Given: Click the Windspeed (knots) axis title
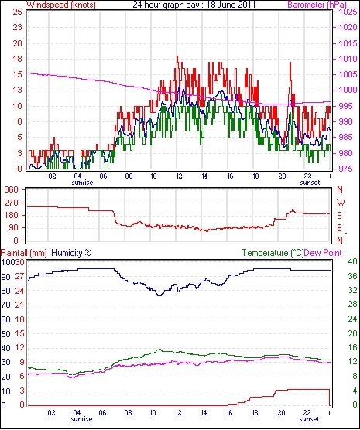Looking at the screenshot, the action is click(x=61, y=5).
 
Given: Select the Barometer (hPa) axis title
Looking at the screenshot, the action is click(x=317, y=5).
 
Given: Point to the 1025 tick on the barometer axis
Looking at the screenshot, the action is click(x=348, y=12).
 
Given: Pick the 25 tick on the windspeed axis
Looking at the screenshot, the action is click(x=17, y=12).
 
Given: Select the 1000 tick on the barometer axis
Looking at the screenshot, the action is click(x=348, y=90).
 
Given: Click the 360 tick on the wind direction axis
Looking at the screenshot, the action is click(x=12, y=189).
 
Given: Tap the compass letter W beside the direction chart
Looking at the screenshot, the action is click(x=341, y=203).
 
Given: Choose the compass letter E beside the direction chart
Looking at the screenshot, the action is click(x=339, y=228).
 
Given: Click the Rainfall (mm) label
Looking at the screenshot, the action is click(x=24, y=253).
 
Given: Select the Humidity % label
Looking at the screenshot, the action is click(x=71, y=253).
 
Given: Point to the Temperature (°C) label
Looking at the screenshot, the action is click(x=273, y=253).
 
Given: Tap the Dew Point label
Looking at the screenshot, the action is click(x=323, y=253).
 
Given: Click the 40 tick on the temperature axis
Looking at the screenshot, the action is click(x=352, y=262).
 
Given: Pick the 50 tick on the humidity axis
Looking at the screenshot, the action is click(x=5, y=334).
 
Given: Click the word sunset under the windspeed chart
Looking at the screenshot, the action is click(x=310, y=183).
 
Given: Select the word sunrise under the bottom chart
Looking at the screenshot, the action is click(x=81, y=419).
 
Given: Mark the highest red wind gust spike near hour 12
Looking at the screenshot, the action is click(x=177, y=56).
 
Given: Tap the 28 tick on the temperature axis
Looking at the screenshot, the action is click(x=352, y=304).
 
